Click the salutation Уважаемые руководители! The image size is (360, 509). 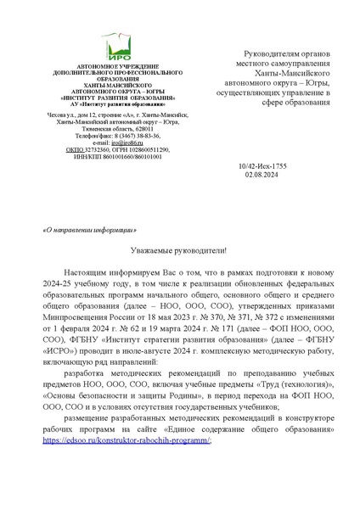click(x=178, y=251)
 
